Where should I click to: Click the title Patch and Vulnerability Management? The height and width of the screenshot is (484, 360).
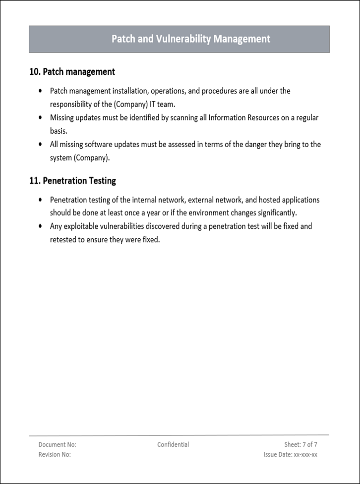[191, 39]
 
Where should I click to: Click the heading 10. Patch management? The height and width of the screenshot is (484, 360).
[72, 72]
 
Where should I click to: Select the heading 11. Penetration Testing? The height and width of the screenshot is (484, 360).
[73, 181]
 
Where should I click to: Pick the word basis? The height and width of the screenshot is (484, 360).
[58, 131]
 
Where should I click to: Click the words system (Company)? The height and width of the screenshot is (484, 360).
[79, 158]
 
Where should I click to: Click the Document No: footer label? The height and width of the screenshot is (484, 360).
[57, 445]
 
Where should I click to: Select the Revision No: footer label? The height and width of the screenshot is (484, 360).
[55, 455]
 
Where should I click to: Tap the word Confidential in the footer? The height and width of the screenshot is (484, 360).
[173, 445]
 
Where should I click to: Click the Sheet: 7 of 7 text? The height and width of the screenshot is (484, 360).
[300, 445]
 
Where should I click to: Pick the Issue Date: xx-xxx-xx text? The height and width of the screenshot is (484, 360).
[291, 455]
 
